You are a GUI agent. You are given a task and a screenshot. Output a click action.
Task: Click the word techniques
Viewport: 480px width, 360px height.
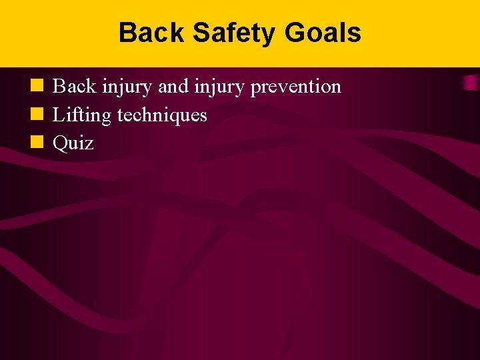162,115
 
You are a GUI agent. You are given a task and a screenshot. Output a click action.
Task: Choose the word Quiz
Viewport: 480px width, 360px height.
73,143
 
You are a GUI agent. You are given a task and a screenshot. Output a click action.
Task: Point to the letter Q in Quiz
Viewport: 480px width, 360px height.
60,143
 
